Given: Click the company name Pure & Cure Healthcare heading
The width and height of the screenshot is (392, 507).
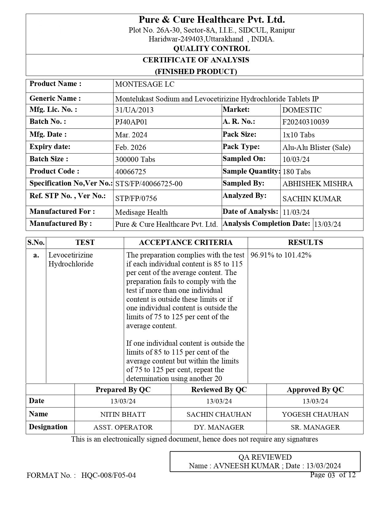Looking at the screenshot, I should pyautogui.click(x=212, y=20).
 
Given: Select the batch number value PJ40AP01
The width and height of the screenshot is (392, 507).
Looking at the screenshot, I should pyautogui.click(x=131, y=122).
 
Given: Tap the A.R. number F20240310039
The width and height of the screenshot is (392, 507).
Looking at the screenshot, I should pyautogui.click(x=306, y=122).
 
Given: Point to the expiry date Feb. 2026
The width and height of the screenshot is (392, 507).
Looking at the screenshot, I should pyautogui.click(x=131, y=147).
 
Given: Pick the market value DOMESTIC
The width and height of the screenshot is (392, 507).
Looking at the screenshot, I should pyautogui.click(x=302, y=110).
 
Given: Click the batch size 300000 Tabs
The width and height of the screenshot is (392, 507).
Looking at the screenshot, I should pyautogui.click(x=135, y=159).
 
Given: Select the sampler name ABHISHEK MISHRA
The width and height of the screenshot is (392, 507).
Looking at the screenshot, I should pyautogui.click(x=318, y=184).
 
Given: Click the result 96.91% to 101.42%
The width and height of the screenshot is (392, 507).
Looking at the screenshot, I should pyautogui.click(x=281, y=255).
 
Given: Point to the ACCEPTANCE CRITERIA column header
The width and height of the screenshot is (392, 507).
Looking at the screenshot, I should pyautogui.click(x=186, y=242).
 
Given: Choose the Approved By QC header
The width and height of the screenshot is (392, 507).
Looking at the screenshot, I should pyautogui.click(x=315, y=390).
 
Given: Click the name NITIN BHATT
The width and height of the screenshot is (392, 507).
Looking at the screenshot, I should pyautogui.click(x=123, y=414).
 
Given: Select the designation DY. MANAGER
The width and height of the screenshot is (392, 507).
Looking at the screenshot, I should pyautogui.click(x=219, y=427).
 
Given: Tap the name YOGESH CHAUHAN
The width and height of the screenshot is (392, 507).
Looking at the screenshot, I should pyautogui.click(x=315, y=414).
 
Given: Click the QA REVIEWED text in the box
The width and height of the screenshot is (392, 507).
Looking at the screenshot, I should pyautogui.click(x=265, y=457).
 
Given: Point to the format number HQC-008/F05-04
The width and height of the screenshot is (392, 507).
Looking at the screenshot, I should pyautogui.click(x=109, y=475).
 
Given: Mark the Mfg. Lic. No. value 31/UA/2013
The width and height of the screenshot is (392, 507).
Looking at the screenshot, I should pyautogui.click(x=134, y=110).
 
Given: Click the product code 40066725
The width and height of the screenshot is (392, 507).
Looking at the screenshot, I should pyautogui.click(x=131, y=171).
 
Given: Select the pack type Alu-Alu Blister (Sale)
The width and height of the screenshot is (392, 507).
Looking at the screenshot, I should pyautogui.click(x=316, y=147).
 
